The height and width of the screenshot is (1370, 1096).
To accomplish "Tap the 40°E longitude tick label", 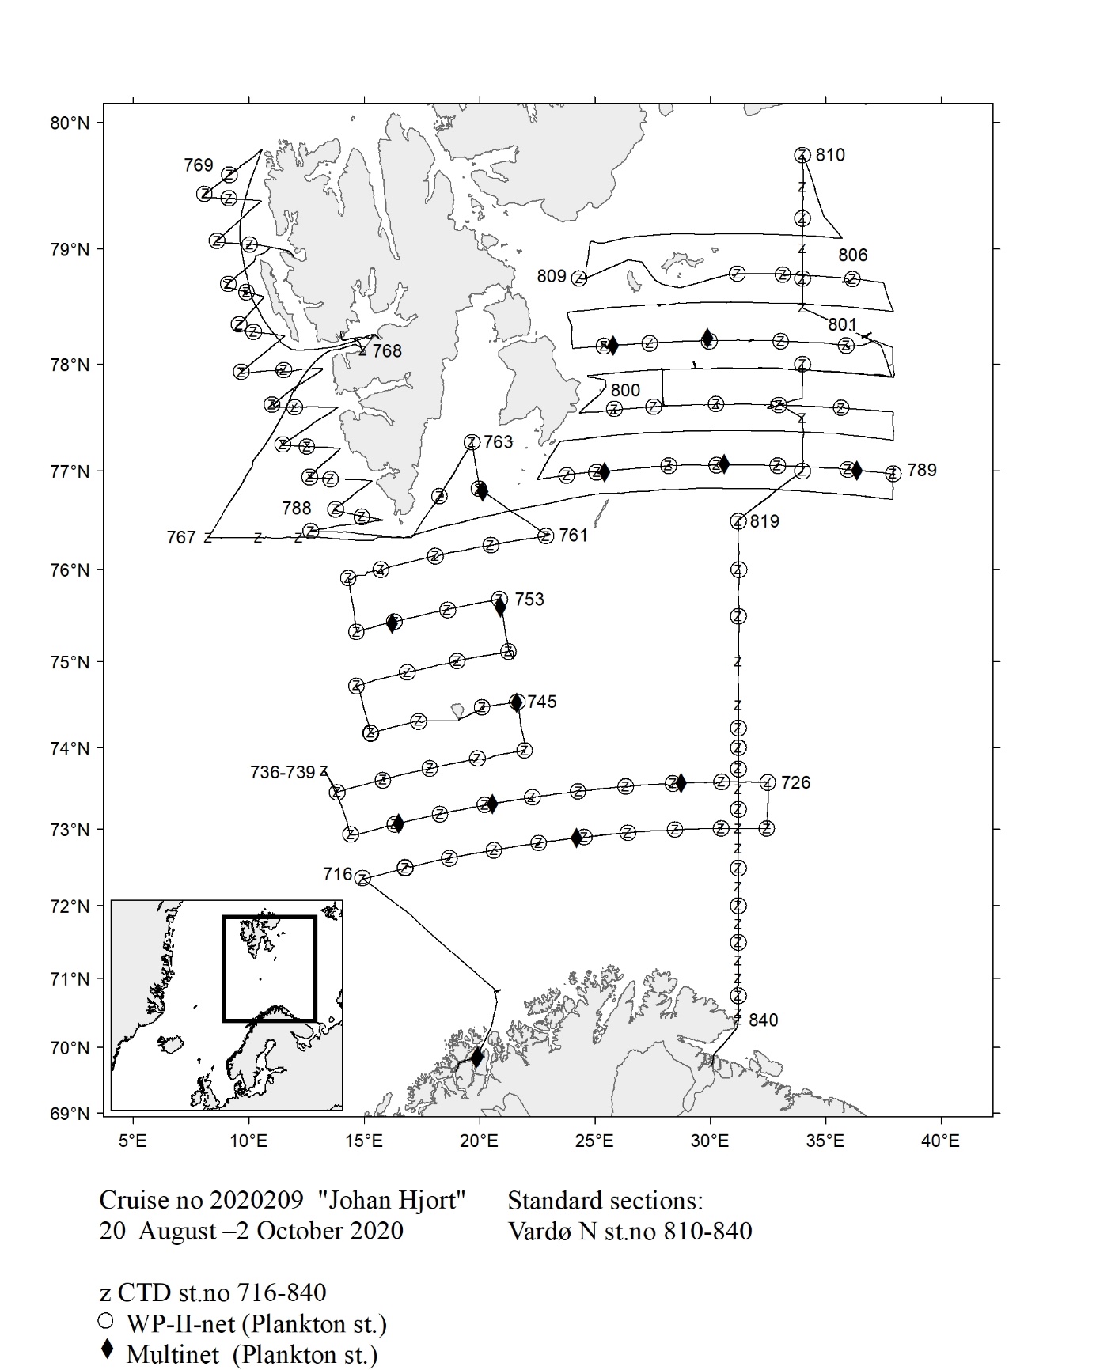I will (940, 1141).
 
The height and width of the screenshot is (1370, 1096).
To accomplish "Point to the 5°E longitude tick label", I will (132, 1141).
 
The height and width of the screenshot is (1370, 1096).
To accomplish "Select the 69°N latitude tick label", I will (70, 1114).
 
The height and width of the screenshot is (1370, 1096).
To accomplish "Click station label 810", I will (830, 155).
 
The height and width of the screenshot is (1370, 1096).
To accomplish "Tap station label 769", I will (199, 165).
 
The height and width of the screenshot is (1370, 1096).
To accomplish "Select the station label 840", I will (763, 1020).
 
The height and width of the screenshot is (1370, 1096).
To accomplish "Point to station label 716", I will (337, 874).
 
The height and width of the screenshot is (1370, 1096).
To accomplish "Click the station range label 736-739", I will (283, 772).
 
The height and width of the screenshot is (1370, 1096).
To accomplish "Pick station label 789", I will (921, 471).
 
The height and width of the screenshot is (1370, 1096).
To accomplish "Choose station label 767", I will (180, 538).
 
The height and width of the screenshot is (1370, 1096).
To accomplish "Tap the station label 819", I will (764, 521).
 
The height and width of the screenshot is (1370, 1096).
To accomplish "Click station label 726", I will (795, 782).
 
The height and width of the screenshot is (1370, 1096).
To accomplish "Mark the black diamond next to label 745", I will (517, 702).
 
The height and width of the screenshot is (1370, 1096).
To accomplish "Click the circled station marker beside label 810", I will (802, 155).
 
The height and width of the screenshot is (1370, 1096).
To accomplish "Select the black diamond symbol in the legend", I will (108, 1350).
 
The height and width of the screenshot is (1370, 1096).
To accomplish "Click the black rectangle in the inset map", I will (270, 968).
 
